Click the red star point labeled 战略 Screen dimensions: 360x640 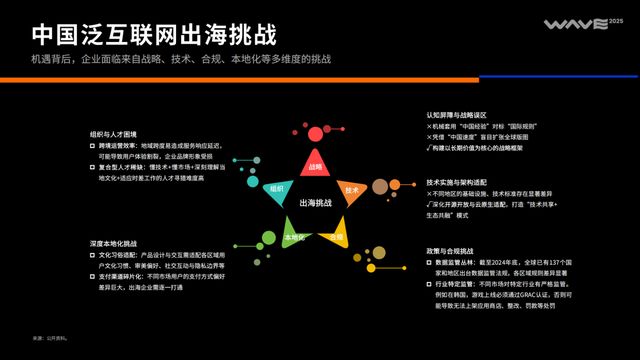[x=316, y=166]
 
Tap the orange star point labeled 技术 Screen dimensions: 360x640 [x=351, y=189]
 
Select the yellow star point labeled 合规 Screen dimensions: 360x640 [x=337, y=236]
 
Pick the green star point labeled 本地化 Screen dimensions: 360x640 [x=293, y=237]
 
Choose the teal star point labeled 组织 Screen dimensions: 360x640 [x=276, y=189]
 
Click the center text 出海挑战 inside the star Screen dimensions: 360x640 [x=315, y=203]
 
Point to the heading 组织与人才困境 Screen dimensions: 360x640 [x=113, y=133]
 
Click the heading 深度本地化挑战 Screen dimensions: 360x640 [x=113, y=243]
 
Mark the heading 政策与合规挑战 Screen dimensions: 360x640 [x=451, y=251]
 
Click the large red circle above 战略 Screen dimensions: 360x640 [x=316, y=133]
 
